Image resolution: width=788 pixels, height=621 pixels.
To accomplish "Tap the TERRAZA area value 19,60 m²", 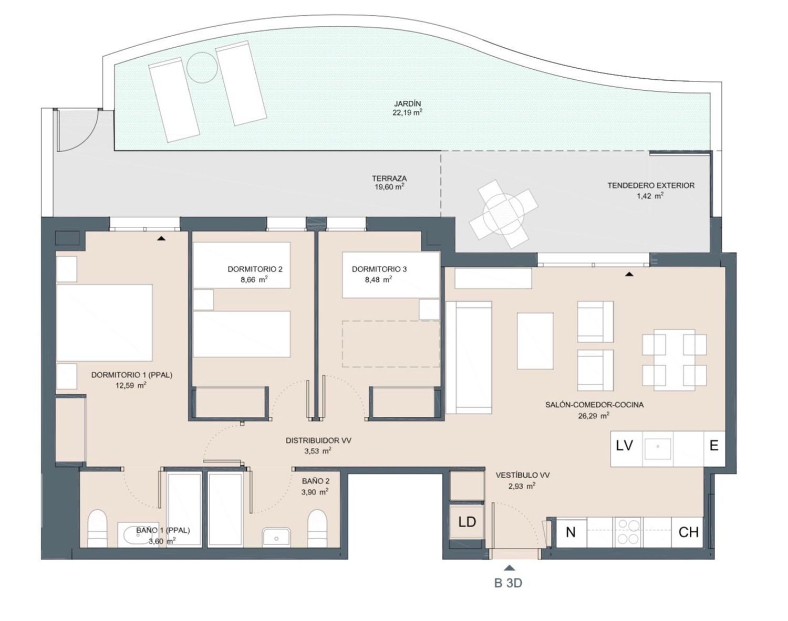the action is (x=389, y=187).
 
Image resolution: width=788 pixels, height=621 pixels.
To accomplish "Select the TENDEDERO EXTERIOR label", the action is (x=651, y=185).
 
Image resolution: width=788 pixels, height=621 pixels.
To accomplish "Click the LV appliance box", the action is (x=627, y=449).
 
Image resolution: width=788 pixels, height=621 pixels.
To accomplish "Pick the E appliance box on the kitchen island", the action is (x=714, y=449).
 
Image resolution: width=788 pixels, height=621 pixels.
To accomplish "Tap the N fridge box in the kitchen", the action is (x=571, y=532).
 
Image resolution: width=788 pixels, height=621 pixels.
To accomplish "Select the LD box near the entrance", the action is (x=467, y=522).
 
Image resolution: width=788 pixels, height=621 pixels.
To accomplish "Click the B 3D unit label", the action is (x=508, y=583).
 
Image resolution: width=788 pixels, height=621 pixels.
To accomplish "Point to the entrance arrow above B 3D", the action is (x=510, y=568).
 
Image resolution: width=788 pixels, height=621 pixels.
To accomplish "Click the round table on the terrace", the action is (x=503, y=214).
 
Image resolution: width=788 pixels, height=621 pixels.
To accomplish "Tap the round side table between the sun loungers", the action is (x=202, y=68).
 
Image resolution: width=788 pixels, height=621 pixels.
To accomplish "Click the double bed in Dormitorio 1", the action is (x=105, y=323).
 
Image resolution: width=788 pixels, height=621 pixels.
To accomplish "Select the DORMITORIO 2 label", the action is (x=255, y=269).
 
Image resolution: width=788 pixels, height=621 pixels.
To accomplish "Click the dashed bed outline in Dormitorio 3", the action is (x=391, y=344).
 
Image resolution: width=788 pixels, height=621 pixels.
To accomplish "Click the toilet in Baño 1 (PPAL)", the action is (x=97, y=529).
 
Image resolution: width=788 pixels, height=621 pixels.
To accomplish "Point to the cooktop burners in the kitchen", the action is (x=628, y=532).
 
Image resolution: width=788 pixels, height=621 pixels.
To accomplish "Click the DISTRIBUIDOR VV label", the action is (x=318, y=441).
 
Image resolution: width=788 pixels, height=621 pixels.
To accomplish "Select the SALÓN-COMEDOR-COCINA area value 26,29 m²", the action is (x=594, y=416).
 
